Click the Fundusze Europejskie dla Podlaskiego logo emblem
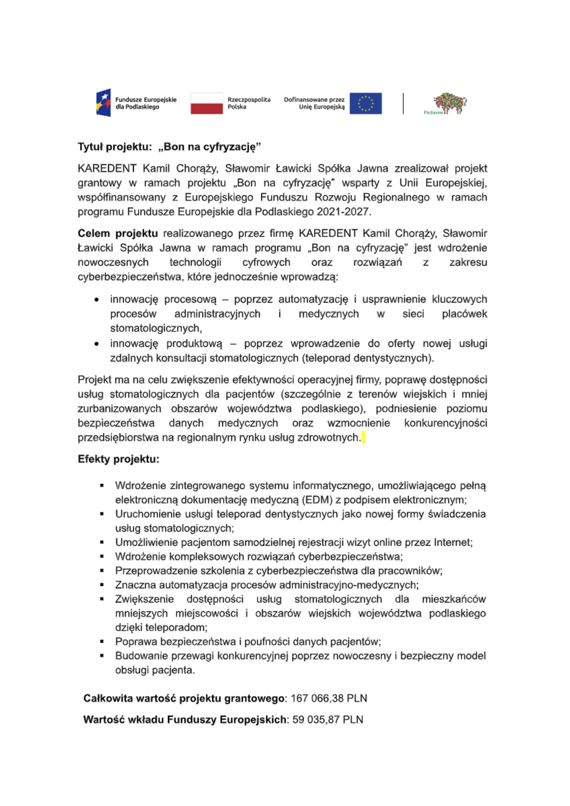[103, 103]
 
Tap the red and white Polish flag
[206, 104]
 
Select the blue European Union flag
[365, 104]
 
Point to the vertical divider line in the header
[403, 104]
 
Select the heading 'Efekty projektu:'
[119, 459]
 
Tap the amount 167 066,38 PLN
[329, 698]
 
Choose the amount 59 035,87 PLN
[328, 720]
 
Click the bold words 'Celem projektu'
[118, 233]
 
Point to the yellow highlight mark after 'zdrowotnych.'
[363, 437]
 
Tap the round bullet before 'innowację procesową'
[96, 300]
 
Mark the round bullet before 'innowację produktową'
[96, 344]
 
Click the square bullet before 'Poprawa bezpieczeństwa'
[102, 642]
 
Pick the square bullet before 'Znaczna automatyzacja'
[102, 585]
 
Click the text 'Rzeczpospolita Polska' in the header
[249, 103]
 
